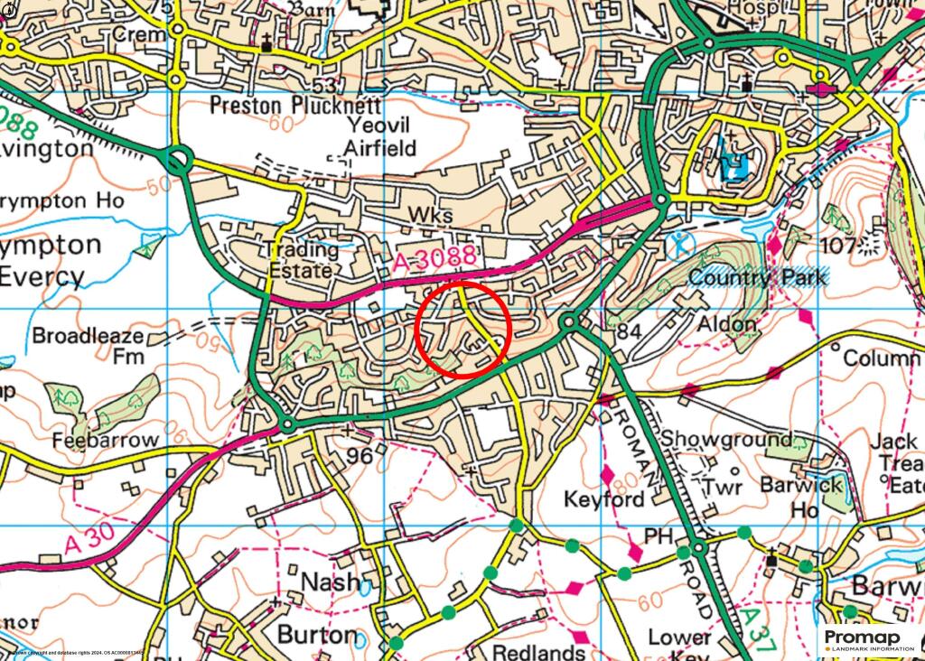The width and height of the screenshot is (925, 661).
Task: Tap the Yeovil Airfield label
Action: point(378,135)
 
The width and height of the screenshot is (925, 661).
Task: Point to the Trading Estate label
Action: point(300,259)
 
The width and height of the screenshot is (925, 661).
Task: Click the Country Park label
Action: point(757,277)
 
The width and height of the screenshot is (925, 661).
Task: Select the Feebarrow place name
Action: point(105,441)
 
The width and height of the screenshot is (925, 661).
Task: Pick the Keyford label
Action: point(605,498)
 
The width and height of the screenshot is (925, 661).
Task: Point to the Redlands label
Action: point(539,652)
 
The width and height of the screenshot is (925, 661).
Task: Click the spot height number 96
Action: point(360,457)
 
